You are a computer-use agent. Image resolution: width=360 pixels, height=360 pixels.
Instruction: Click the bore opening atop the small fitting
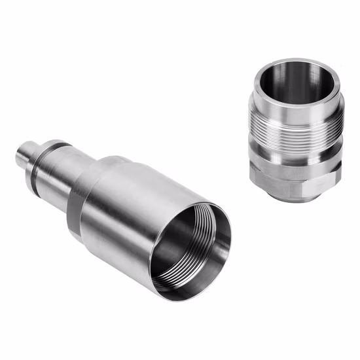coord(298,85)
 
